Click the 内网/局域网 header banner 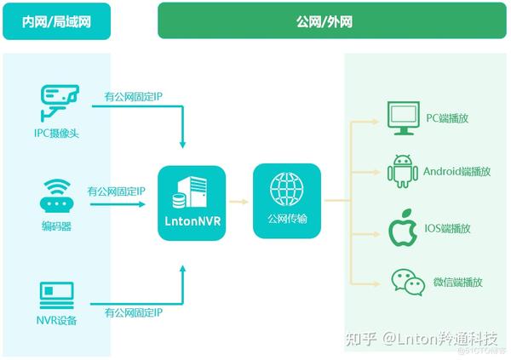(x=57, y=21)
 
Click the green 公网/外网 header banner (x=332, y=20)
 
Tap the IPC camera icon (x=60, y=103)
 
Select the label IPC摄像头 (x=57, y=133)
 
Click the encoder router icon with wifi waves (x=56, y=196)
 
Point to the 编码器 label (x=56, y=226)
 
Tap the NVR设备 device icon (x=57, y=295)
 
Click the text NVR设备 (x=56, y=320)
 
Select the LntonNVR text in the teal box (x=192, y=221)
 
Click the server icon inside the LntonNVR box (x=190, y=192)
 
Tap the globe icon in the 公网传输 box (x=286, y=189)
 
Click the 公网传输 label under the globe (x=287, y=218)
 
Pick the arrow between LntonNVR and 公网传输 (x=238, y=202)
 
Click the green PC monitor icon (x=404, y=118)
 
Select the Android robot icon (x=403, y=171)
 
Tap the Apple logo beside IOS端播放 (x=403, y=228)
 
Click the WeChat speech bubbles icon (x=408, y=283)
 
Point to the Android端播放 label (x=456, y=171)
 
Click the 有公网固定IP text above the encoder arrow (x=117, y=191)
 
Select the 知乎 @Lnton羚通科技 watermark (x=422, y=339)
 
